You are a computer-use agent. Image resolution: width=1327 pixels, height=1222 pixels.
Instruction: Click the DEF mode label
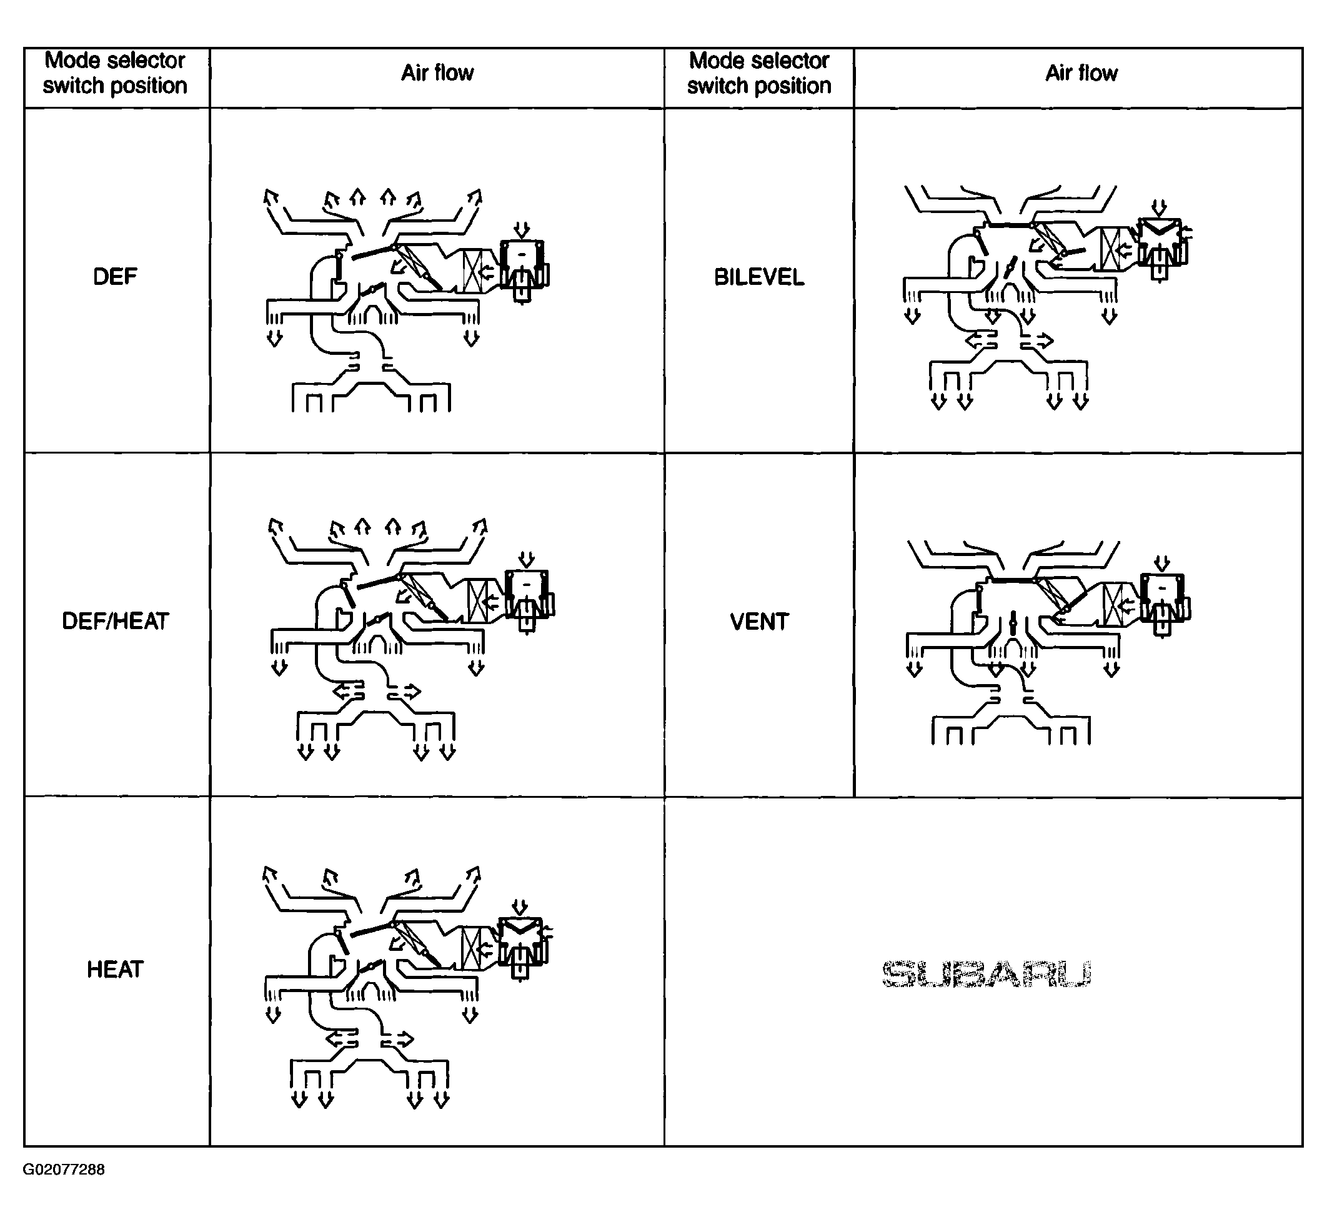tap(115, 276)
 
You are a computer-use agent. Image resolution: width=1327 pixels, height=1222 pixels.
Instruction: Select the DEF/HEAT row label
tap(115, 621)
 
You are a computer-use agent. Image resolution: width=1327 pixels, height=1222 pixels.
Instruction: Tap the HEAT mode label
tap(115, 970)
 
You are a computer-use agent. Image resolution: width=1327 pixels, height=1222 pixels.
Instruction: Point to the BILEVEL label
tap(759, 277)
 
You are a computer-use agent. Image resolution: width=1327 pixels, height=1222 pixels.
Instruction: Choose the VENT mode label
tap(759, 622)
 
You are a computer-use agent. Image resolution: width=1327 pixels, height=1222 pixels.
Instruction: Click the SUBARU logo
tap(986, 974)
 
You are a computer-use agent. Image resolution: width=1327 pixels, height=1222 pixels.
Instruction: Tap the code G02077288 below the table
tap(64, 1169)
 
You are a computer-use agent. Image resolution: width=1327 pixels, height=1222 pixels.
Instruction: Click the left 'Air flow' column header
tap(437, 72)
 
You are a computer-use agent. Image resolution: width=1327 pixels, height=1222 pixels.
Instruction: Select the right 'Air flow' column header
tap(1081, 72)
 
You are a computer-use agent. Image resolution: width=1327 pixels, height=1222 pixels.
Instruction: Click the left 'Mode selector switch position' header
tap(115, 72)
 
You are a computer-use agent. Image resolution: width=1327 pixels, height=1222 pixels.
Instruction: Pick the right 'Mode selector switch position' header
tap(759, 72)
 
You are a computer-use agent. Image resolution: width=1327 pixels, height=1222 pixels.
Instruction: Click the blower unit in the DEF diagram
tap(524, 271)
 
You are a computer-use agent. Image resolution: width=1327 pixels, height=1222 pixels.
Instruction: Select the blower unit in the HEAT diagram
tap(522, 949)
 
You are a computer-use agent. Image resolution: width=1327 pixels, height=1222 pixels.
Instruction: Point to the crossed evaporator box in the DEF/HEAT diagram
tap(478, 600)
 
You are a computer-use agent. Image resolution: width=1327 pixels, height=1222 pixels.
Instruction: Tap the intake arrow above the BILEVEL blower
tap(1159, 207)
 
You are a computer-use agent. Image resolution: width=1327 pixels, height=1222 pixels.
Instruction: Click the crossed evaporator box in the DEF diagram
tap(474, 271)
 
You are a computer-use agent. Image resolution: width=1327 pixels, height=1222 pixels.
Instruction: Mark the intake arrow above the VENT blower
tap(1161, 564)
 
